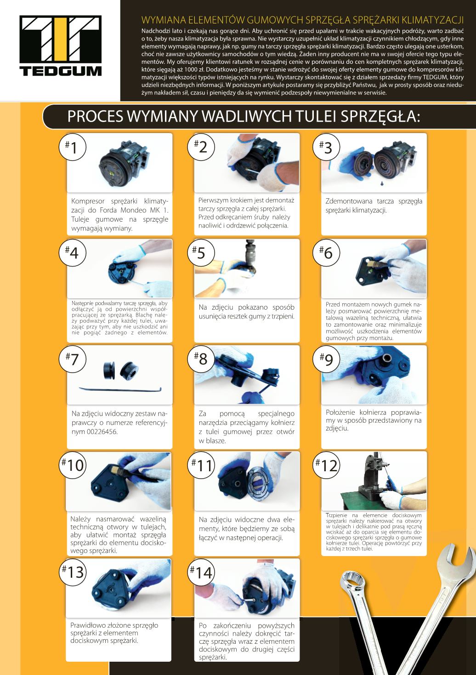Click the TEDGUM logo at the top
[x=60, y=45]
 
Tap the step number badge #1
[x=73, y=147]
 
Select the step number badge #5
[x=201, y=252]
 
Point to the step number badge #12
[x=326, y=465]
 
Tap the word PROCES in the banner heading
[x=95, y=116]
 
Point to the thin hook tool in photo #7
[x=120, y=390]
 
